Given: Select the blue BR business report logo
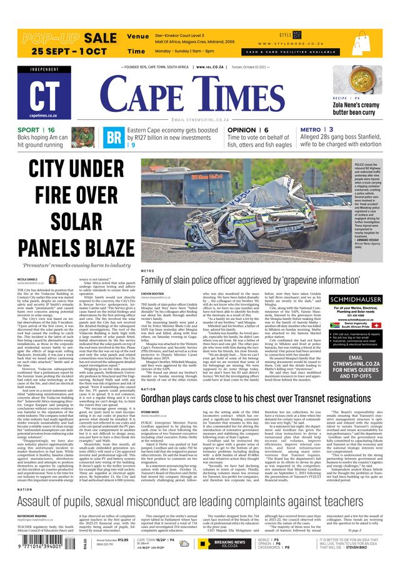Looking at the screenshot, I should pyautogui.click(x=114, y=137).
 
